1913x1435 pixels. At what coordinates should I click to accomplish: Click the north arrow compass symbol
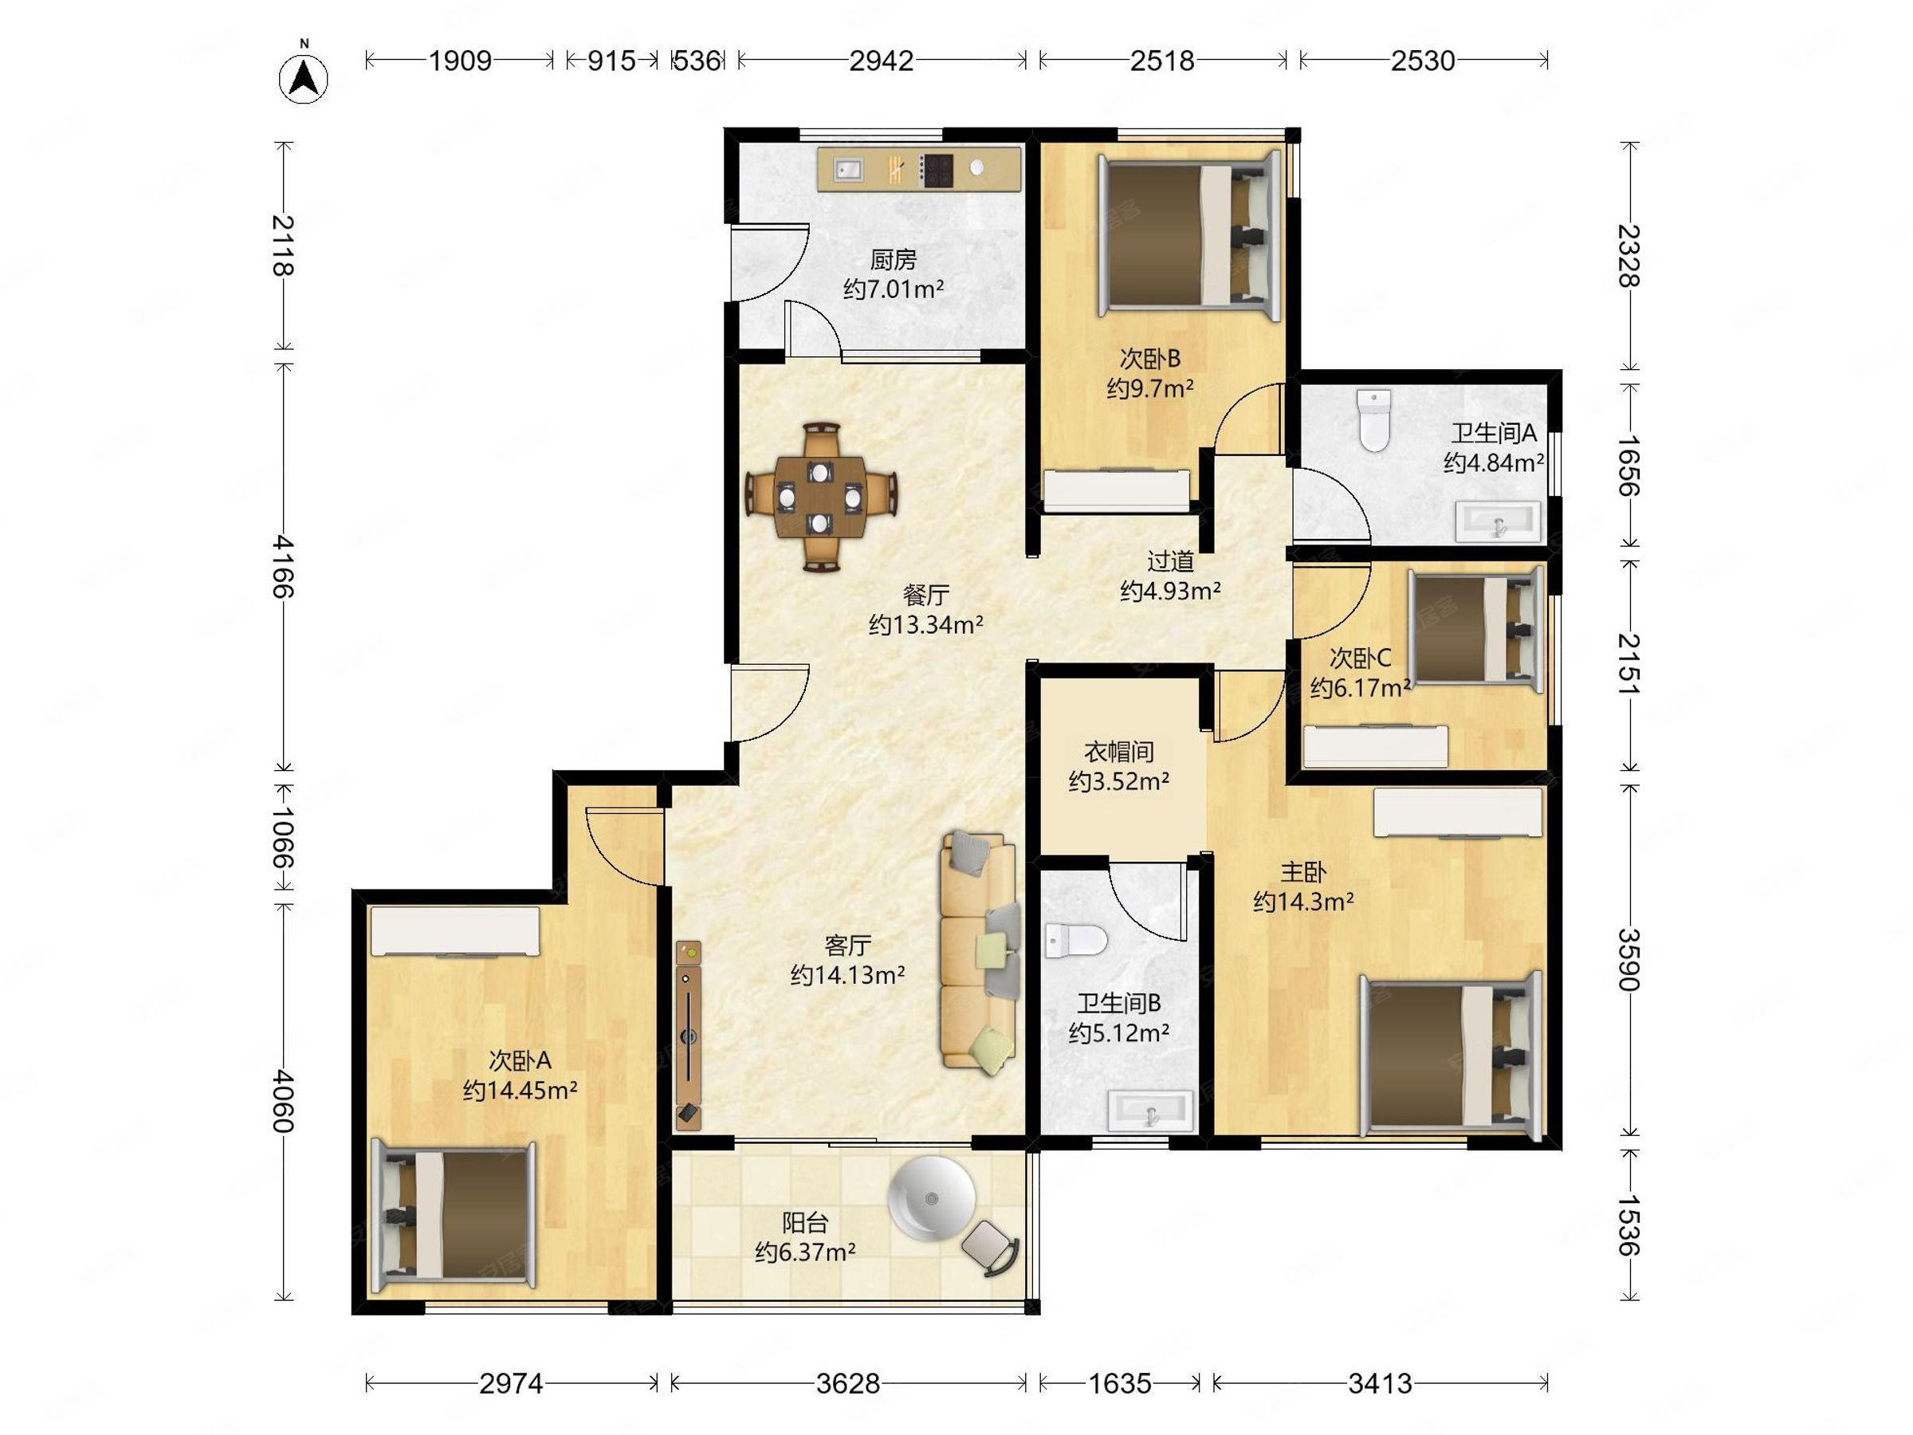pyautogui.click(x=304, y=78)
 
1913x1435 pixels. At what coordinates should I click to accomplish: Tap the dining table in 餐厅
pyautogui.click(x=821, y=497)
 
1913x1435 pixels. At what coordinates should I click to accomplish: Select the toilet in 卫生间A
pyautogui.click(x=1373, y=420)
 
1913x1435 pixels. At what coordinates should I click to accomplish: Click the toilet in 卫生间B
pyautogui.click(x=1075, y=940)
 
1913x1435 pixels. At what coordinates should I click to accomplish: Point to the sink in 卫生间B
pyautogui.click(x=1151, y=1110)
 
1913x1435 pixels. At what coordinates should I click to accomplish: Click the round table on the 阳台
pyautogui.click(x=932, y=1199)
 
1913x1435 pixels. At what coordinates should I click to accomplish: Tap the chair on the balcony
pyautogui.click(x=990, y=1248)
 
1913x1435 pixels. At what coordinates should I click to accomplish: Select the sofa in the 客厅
pyautogui.click(x=978, y=953)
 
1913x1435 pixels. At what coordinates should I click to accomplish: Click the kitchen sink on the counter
pyautogui.click(x=848, y=170)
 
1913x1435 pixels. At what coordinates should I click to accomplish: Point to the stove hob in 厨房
pyautogui.click(x=936, y=171)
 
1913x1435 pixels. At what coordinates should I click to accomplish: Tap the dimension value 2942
pyautogui.click(x=882, y=61)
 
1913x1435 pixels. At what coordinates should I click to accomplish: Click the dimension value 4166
pyautogui.click(x=283, y=567)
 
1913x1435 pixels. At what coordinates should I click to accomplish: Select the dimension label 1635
pyautogui.click(x=1119, y=1384)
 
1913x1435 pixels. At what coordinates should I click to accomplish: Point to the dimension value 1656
pyautogui.click(x=1628, y=466)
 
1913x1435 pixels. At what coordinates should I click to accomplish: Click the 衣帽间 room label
pyautogui.click(x=1119, y=752)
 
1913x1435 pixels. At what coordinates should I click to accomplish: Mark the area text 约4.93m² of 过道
pyautogui.click(x=1171, y=591)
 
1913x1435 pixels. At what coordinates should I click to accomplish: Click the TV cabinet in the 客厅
pyautogui.click(x=689, y=1036)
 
